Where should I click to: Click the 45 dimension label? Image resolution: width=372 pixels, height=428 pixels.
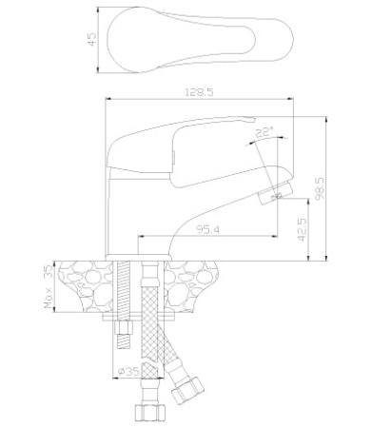[x=91, y=39]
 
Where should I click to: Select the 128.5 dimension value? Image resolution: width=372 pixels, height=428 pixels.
[x=199, y=92]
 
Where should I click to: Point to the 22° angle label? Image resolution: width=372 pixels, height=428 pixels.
[x=264, y=132]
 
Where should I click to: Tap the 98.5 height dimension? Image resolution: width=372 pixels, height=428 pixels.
[x=320, y=188]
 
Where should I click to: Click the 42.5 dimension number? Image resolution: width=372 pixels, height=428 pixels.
[x=303, y=229]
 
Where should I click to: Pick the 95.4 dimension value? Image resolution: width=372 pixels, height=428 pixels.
[x=207, y=229]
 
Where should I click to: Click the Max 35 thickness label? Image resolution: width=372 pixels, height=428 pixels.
[x=49, y=286]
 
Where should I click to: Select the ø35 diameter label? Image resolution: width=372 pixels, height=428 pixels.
[x=128, y=371]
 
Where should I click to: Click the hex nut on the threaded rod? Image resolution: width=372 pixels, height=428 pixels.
[x=124, y=327]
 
